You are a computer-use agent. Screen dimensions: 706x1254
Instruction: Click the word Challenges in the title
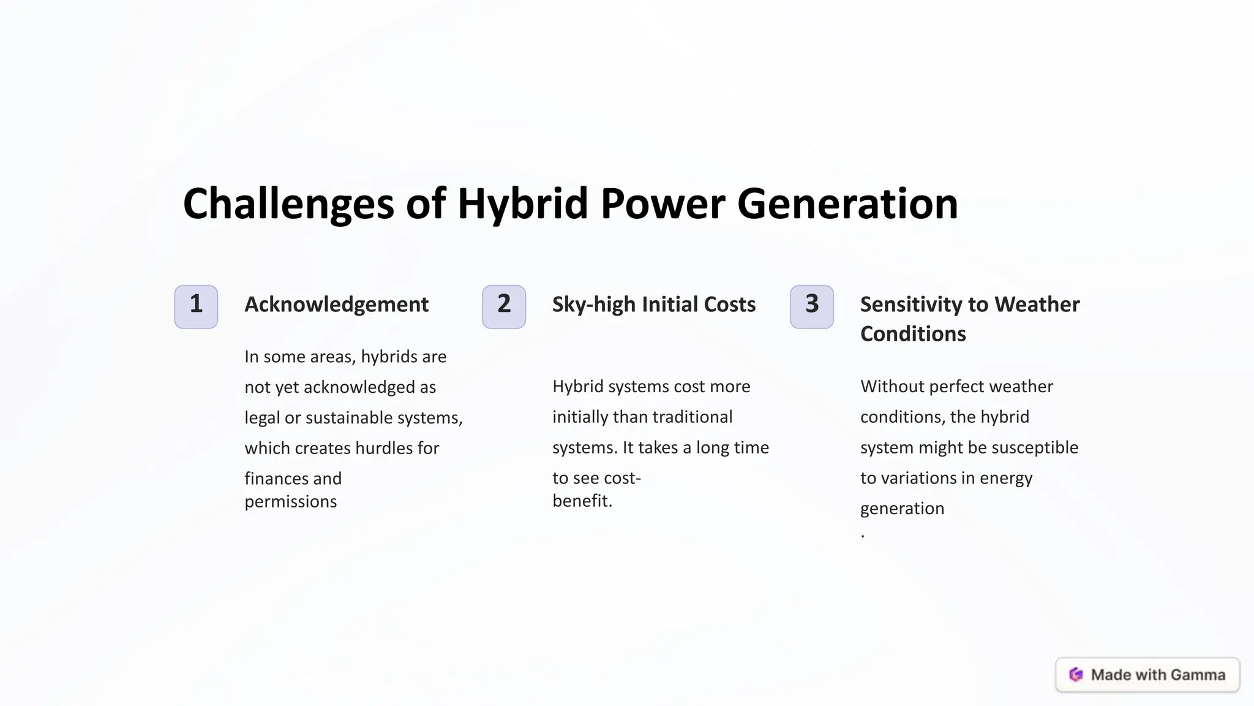coord(288,204)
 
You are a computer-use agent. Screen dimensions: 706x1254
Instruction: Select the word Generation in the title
coord(847,204)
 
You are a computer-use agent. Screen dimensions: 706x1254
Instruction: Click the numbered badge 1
coord(196,306)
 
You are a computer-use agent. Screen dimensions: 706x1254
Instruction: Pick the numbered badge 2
coord(504,306)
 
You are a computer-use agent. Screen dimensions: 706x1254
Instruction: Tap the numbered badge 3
coord(812,306)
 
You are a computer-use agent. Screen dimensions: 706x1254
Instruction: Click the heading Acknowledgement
coord(336,305)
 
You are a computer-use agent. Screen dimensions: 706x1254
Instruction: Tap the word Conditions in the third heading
coord(913,334)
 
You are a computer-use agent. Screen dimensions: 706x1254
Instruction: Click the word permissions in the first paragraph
coord(290,502)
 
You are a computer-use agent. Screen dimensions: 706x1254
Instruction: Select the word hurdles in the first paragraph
coord(384,448)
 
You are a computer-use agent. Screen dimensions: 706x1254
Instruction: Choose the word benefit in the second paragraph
coord(580,501)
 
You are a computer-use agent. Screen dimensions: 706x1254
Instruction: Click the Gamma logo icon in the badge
coord(1076,675)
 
